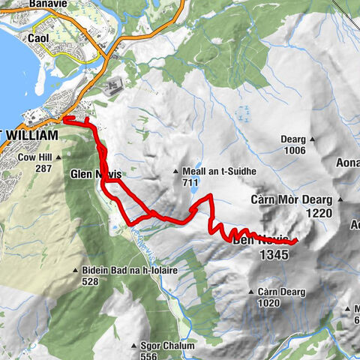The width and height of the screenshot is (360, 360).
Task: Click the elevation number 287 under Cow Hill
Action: coord(43,169)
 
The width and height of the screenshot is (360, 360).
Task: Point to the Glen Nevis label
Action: coord(94,174)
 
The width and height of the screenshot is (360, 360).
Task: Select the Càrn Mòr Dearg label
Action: coord(296,201)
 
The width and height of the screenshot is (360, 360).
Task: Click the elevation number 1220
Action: coord(318,213)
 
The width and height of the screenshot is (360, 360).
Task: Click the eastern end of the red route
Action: coord(297,240)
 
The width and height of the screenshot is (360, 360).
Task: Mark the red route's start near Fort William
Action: coord(65,118)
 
